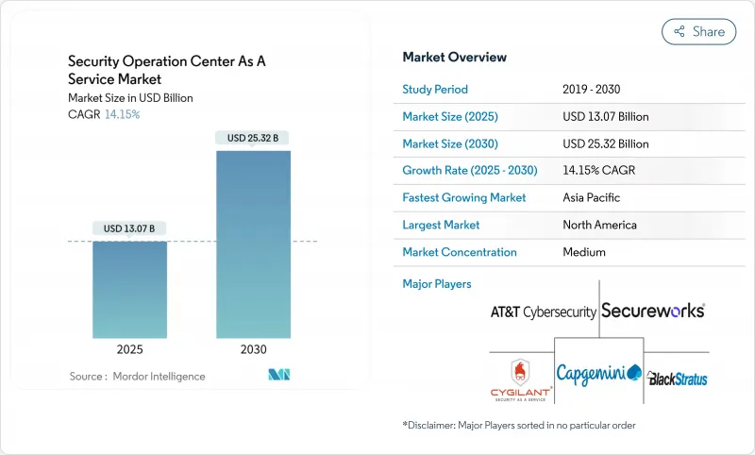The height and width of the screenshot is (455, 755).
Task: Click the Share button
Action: click(x=698, y=31)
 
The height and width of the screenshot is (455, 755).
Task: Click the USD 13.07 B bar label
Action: click(x=129, y=227)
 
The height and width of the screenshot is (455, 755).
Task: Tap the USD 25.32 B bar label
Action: click(x=253, y=138)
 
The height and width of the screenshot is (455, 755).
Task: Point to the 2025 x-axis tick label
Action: click(x=129, y=349)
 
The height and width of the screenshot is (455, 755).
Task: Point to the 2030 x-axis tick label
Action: click(x=253, y=349)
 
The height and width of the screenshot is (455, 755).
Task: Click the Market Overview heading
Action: click(x=454, y=58)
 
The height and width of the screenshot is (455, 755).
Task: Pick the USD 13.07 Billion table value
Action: click(x=605, y=117)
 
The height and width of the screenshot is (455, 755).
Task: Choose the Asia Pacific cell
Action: click(x=593, y=198)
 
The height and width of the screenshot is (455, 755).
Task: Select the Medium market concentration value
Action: click(x=583, y=252)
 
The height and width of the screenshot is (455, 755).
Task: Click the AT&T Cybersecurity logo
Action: click(x=543, y=312)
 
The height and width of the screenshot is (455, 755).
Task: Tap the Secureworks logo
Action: click(x=653, y=310)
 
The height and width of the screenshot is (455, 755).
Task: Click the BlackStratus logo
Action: click(x=677, y=379)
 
